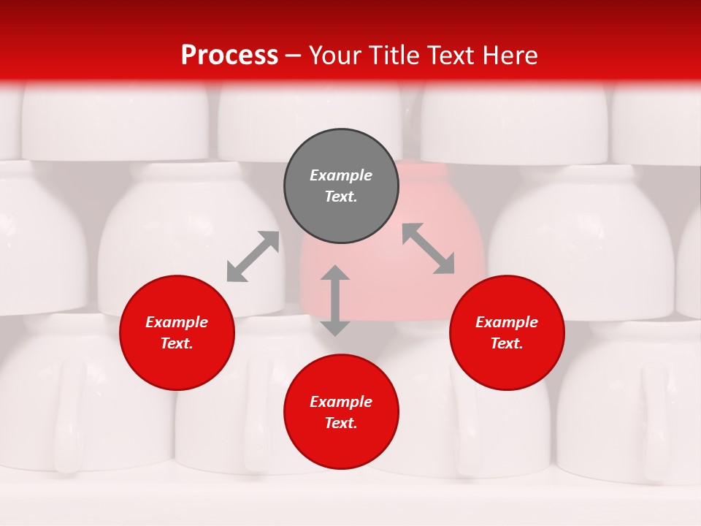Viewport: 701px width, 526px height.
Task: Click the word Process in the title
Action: (229, 56)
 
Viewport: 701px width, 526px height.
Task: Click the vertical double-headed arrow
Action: (335, 300)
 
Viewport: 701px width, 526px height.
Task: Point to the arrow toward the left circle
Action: (253, 256)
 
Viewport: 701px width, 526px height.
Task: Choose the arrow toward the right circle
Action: (429, 248)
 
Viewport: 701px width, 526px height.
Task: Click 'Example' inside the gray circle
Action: (341, 175)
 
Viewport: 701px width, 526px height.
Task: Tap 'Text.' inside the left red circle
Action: (177, 343)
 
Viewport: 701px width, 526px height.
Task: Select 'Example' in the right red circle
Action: (507, 322)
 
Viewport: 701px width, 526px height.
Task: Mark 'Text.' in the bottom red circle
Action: (341, 423)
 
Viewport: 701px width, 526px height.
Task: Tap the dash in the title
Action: (294, 56)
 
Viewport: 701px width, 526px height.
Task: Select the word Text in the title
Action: (452, 56)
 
